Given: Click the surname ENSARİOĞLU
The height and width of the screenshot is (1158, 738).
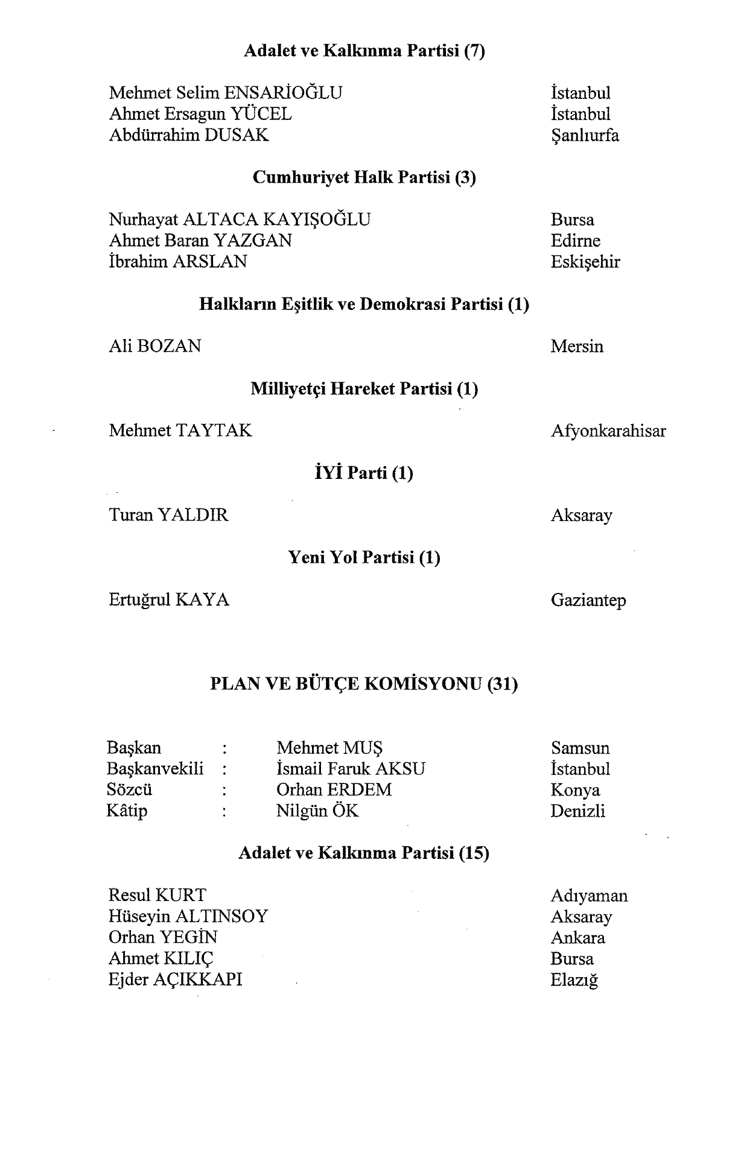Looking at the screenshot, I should pyautogui.click(x=283, y=93).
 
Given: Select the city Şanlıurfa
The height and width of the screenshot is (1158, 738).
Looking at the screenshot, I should pyautogui.click(x=584, y=135).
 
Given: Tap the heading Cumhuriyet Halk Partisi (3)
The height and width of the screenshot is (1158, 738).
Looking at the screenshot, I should pyautogui.click(x=364, y=177).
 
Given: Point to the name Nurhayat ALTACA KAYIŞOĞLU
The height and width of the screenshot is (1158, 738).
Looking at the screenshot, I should pyautogui.click(x=240, y=220).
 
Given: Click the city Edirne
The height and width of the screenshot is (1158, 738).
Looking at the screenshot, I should pyautogui.click(x=575, y=241).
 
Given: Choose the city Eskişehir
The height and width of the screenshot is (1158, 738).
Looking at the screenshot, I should pyautogui.click(x=585, y=262).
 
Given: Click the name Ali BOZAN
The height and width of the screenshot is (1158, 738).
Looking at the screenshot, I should pyautogui.click(x=155, y=346).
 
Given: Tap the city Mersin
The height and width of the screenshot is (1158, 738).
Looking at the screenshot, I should pyautogui.click(x=576, y=346).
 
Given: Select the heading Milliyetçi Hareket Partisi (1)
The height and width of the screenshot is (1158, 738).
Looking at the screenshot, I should pyautogui.click(x=364, y=388).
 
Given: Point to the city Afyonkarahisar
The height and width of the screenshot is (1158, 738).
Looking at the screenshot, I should pyautogui.click(x=608, y=431).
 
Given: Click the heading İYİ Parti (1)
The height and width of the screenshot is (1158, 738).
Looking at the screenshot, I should pyautogui.click(x=360, y=473).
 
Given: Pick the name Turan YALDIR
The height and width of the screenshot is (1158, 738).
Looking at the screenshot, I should pyautogui.click(x=168, y=515).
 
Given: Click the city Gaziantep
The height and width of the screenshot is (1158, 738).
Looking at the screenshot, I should pyautogui.click(x=588, y=600).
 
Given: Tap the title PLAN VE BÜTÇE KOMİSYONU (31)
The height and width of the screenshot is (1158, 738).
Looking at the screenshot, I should pyautogui.click(x=364, y=684).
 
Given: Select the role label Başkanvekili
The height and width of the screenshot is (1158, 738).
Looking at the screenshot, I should pyautogui.click(x=155, y=769).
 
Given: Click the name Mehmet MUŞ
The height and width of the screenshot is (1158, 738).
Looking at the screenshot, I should pyautogui.click(x=329, y=748).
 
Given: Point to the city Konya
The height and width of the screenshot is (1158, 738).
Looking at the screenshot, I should pyautogui.click(x=574, y=790).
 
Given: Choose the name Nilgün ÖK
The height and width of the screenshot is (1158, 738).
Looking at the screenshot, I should pyautogui.click(x=317, y=811).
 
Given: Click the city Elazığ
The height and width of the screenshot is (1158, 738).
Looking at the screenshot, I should pyautogui.click(x=574, y=980).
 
